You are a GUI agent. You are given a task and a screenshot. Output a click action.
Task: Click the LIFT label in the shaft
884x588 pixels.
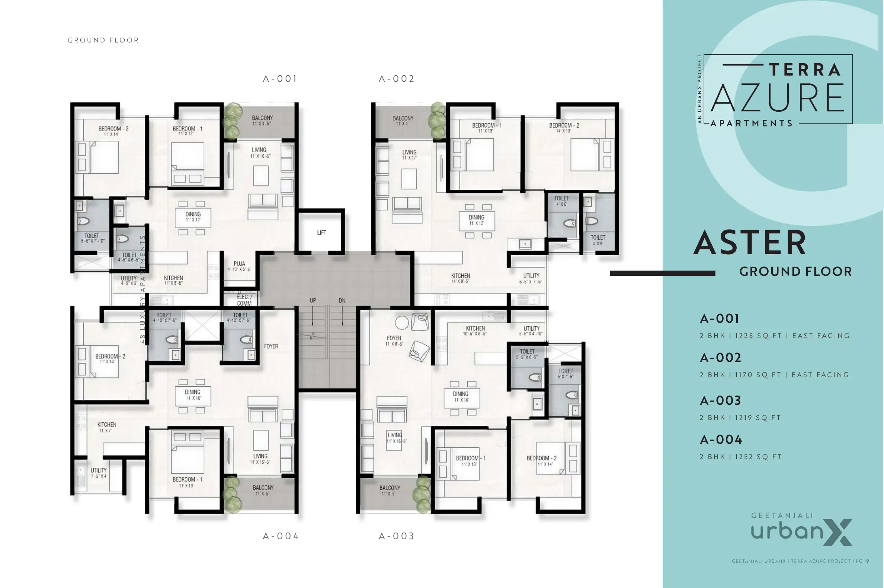click(x=321, y=233)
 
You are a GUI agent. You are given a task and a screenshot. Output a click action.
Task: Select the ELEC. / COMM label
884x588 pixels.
click(x=244, y=300)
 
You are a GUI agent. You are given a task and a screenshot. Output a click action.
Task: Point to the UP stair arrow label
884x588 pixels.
click(x=313, y=300)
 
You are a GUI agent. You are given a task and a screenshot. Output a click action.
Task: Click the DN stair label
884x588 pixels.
click(x=342, y=300)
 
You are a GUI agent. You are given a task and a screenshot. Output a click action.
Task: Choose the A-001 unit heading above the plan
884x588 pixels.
click(x=280, y=79)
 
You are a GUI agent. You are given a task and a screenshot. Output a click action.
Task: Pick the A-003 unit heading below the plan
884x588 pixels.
click(x=396, y=536)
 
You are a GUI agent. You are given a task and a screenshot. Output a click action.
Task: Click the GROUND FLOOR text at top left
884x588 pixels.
click(x=103, y=40)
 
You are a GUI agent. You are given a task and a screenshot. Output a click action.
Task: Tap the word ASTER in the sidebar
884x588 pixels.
click(x=749, y=243)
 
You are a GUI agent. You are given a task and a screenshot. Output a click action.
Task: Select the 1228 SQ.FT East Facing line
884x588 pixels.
click(x=774, y=336)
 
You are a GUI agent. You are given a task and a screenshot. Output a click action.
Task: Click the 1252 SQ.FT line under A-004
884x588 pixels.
click(x=740, y=457)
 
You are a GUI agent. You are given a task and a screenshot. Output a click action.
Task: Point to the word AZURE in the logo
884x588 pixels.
click(x=778, y=98)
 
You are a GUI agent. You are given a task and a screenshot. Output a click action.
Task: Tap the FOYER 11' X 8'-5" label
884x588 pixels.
click(x=394, y=341)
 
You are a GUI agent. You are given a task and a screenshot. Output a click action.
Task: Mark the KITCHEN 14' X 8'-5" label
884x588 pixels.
click(x=460, y=278)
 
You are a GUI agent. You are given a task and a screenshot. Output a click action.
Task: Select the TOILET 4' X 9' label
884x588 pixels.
click(x=598, y=240)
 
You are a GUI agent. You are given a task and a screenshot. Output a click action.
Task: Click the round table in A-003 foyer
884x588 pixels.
click(x=401, y=323)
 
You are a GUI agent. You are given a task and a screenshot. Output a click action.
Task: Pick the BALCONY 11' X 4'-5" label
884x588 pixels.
click(x=262, y=120)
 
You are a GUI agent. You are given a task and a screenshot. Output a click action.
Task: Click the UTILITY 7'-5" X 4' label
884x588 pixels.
click(x=99, y=473)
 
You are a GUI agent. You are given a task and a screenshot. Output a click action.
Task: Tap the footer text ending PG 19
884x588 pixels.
click(x=800, y=561)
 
